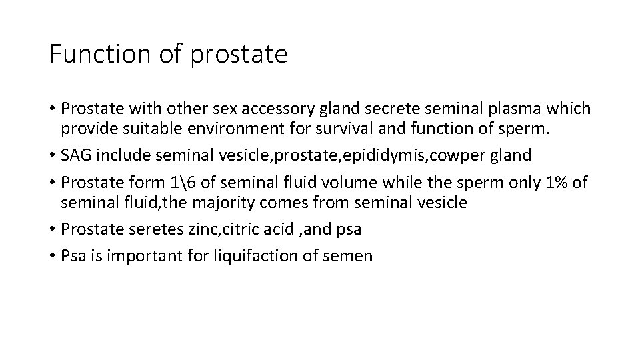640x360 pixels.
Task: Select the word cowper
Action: click(x=463, y=155)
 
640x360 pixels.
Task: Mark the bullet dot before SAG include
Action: click(x=52, y=156)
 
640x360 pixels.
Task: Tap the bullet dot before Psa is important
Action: click(x=52, y=255)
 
